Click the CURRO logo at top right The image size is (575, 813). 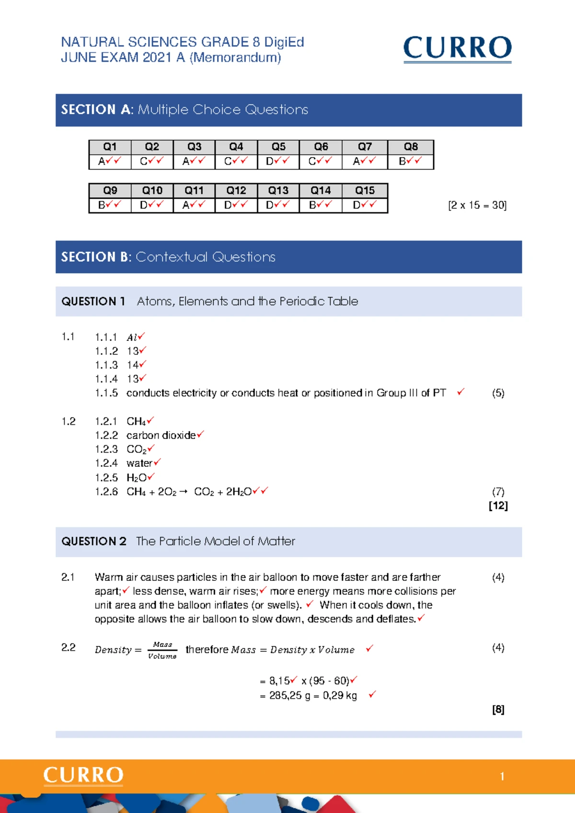(457, 48)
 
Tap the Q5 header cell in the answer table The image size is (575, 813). (278, 147)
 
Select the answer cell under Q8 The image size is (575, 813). (410, 161)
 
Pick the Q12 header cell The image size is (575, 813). (236, 191)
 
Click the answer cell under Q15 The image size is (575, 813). (364, 205)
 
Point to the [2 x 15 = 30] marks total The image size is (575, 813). (477, 205)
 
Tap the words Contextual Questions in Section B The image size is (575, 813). (206, 257)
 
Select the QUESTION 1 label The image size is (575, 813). (93, 301)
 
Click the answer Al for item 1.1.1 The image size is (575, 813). (132, 338)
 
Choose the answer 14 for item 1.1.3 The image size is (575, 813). (133, 365)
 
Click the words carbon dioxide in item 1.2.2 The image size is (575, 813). (161, 435)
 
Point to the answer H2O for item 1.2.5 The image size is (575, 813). (137, 477)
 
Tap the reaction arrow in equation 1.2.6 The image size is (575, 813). (183, 492)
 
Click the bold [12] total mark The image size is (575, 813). (498, 506)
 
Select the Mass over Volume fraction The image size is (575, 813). (162, 650)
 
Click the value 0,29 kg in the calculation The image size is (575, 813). (340, 695)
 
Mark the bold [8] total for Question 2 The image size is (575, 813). (498, 710)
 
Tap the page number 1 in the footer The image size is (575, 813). (502, 776)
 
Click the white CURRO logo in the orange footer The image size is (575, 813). (83, 776)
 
